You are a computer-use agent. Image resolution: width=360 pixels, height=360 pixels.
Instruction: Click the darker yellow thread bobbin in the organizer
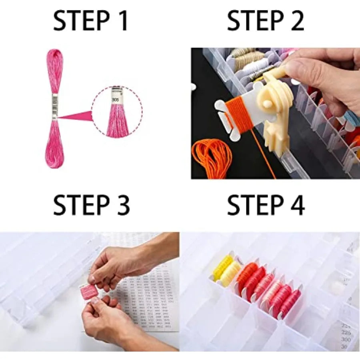coord(222,267)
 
